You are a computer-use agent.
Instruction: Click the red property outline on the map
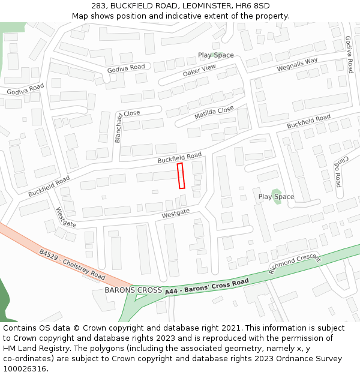181,176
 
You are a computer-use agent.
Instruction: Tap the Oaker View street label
199,70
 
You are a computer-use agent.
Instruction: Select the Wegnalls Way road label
297,65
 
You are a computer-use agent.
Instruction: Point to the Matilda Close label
214,113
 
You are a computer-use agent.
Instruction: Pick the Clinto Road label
338,173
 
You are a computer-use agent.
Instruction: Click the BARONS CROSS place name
133,290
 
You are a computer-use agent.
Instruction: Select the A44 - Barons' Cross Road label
206,286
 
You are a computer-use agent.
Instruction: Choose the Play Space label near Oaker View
216,55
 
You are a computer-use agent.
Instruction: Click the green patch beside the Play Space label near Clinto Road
277,196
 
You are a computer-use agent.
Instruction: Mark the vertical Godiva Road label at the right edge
349,54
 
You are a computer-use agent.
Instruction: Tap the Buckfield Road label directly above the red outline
179,158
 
